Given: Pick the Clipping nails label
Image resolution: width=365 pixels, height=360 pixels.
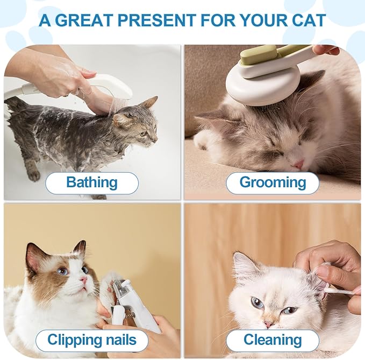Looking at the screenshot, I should [91, 340].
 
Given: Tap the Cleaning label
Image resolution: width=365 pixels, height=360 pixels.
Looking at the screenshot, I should [273, 340].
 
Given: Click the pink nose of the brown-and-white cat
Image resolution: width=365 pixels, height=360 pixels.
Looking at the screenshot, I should [84, 280].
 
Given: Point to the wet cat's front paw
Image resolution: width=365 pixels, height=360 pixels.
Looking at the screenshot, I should [33, 175].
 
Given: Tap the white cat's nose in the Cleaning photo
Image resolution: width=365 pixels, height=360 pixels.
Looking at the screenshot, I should [268, 324].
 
